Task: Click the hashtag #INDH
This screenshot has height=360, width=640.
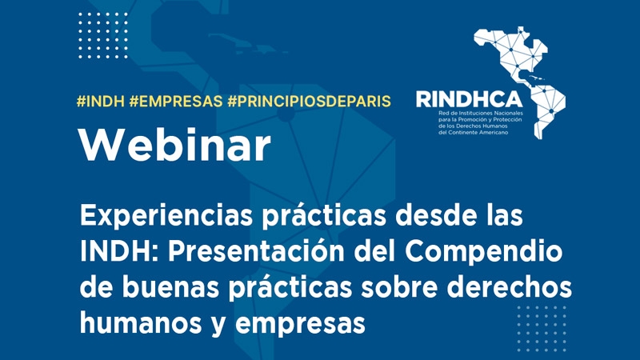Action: (101, 102)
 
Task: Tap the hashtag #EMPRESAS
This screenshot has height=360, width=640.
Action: (176, 102)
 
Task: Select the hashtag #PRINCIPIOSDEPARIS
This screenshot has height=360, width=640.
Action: (309, 102)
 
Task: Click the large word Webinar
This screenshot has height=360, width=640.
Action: (174, 145)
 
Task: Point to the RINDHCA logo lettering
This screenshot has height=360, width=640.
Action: (469, 99)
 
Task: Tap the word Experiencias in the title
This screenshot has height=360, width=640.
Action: (166, 215)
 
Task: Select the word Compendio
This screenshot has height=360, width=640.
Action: (484, 251)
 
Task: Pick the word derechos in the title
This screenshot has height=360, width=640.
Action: (510, 287)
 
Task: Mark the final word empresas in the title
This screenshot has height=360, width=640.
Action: (300, 324)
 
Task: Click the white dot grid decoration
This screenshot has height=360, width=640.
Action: (103, 35)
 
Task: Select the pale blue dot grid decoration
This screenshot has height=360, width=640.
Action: (542, 329)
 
